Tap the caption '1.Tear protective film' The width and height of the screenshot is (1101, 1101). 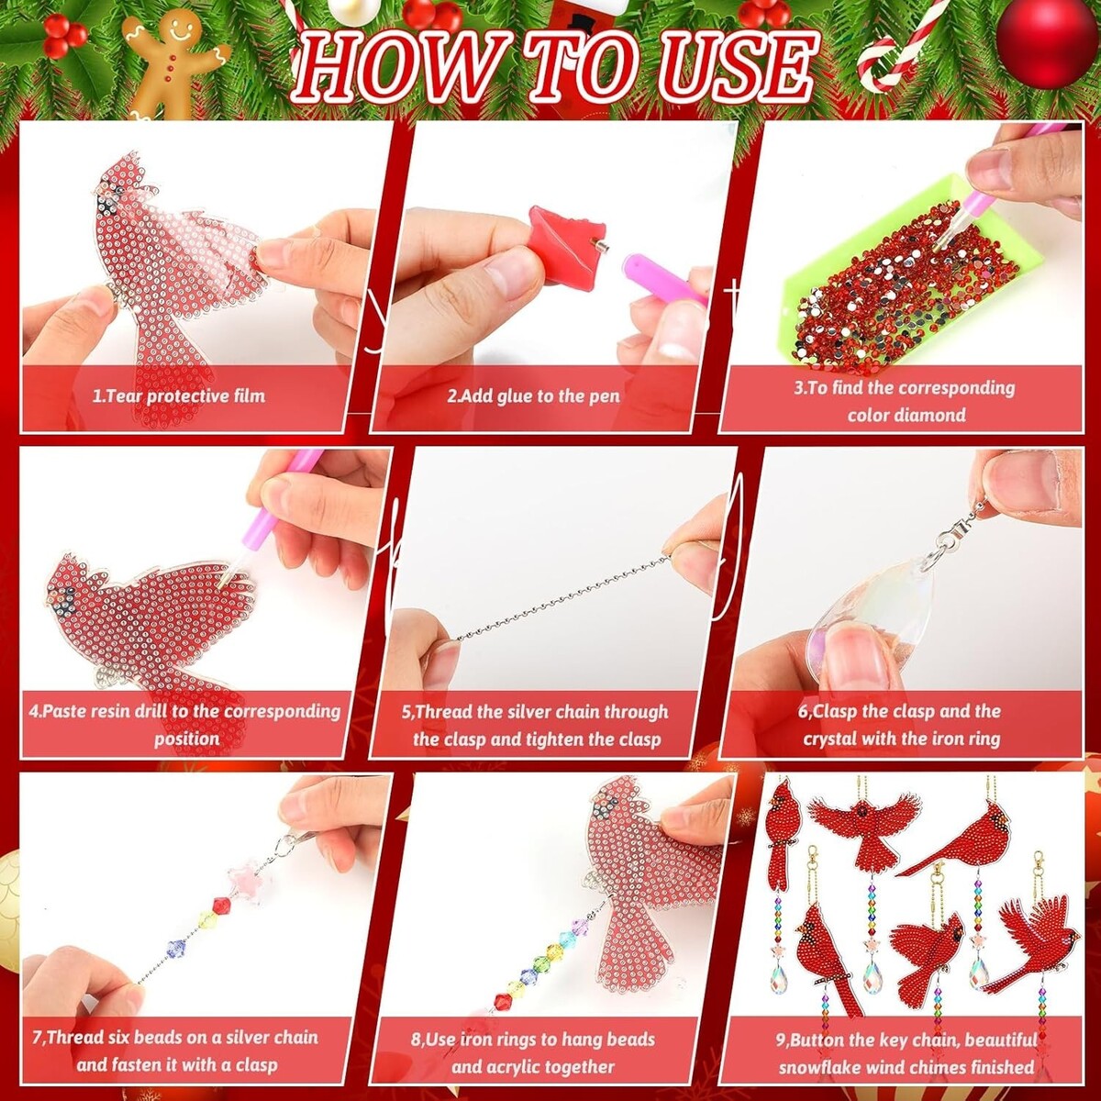coord(180,396)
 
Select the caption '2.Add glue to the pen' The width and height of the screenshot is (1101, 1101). coord(534,396)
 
